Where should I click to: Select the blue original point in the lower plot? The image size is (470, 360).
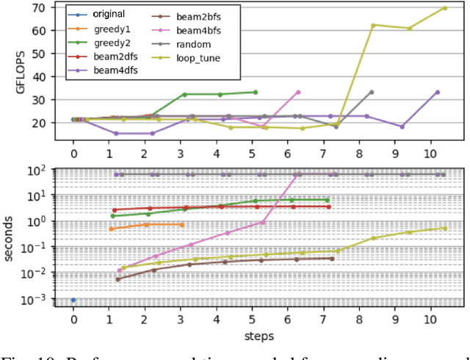[73, 300]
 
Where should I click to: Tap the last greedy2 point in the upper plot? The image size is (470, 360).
[256, 93]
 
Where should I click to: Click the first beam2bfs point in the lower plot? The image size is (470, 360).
[118, 279]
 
